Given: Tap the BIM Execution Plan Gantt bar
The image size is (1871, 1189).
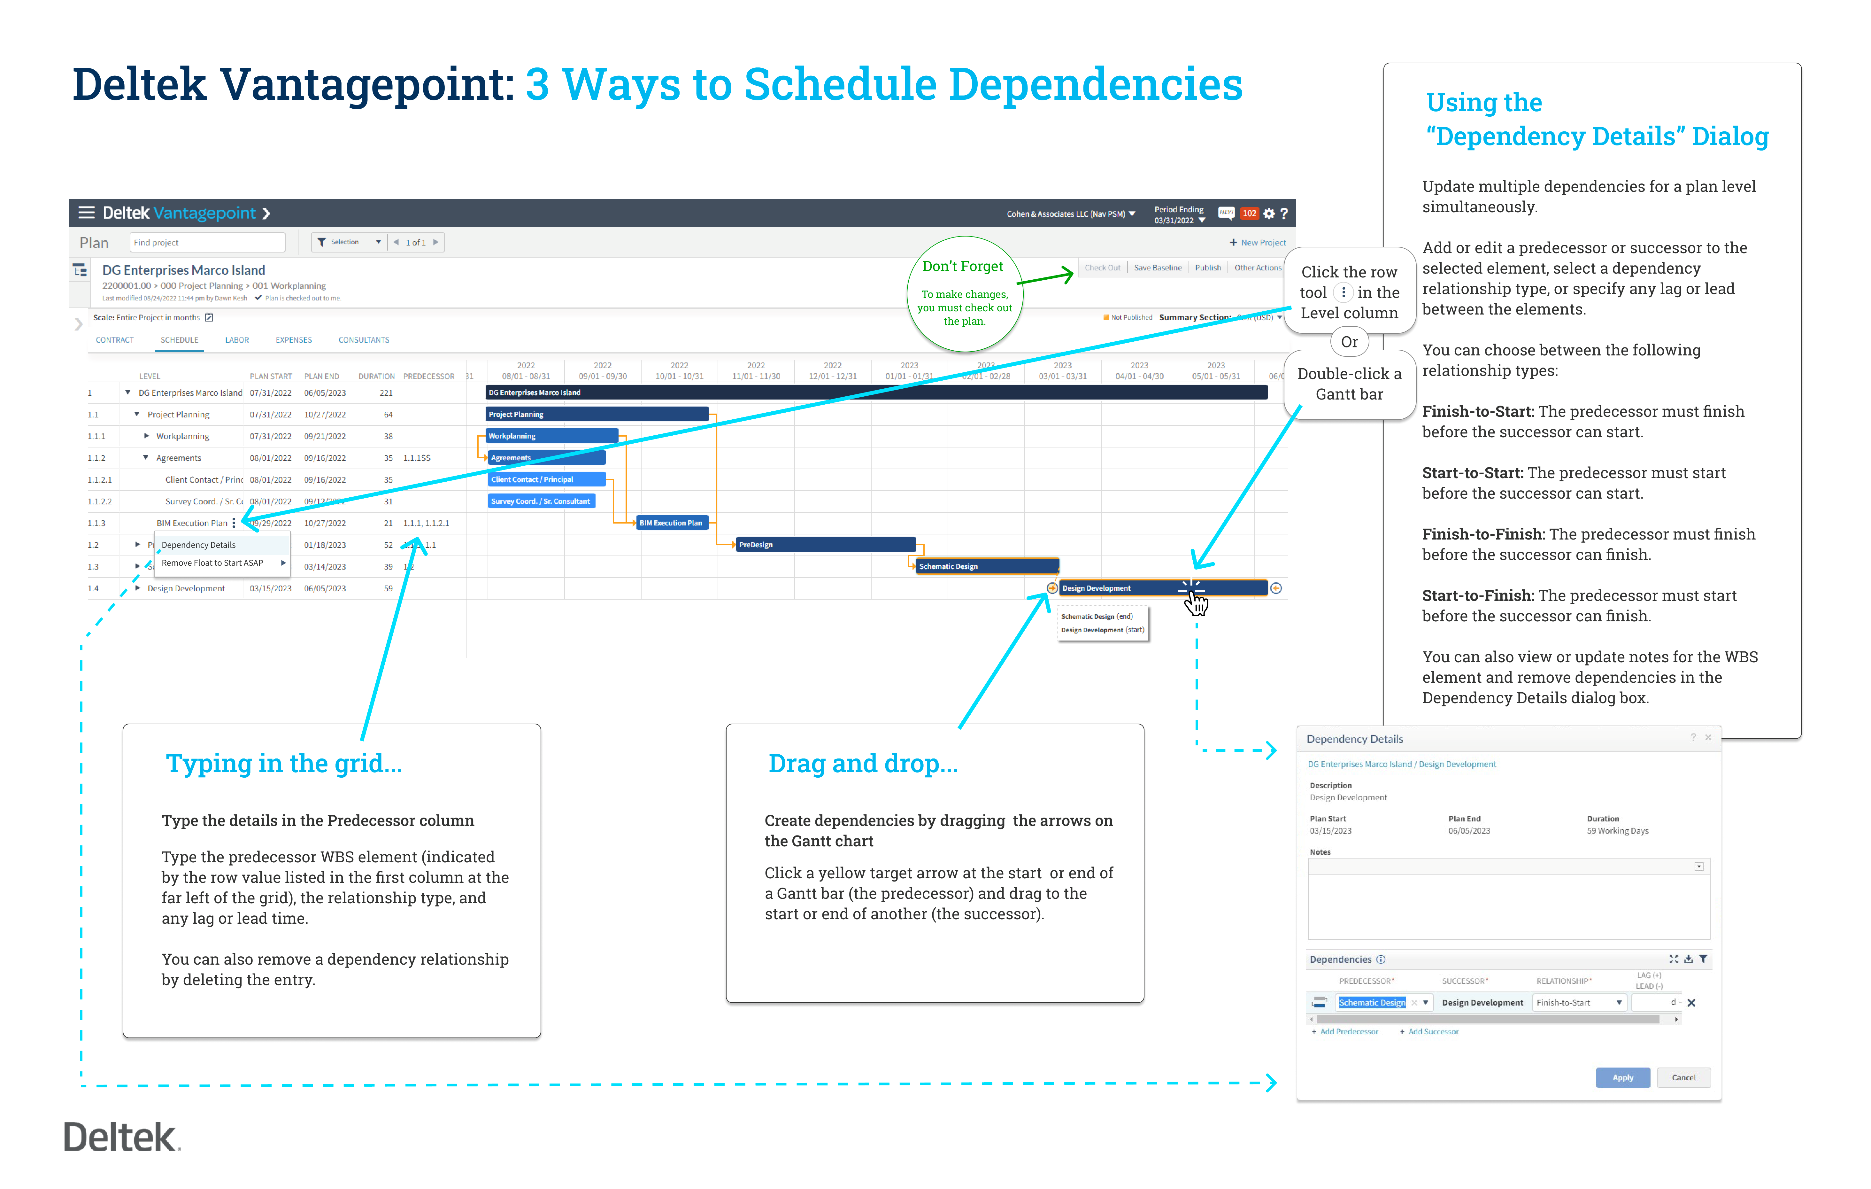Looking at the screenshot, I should click(671, 523).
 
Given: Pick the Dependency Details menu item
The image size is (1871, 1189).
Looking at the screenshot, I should click(199, 545).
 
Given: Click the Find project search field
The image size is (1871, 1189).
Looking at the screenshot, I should click(207, 243).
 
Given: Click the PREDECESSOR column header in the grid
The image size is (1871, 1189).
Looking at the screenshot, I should click(428, 376).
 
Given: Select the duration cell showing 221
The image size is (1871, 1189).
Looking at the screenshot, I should click(386, 392).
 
